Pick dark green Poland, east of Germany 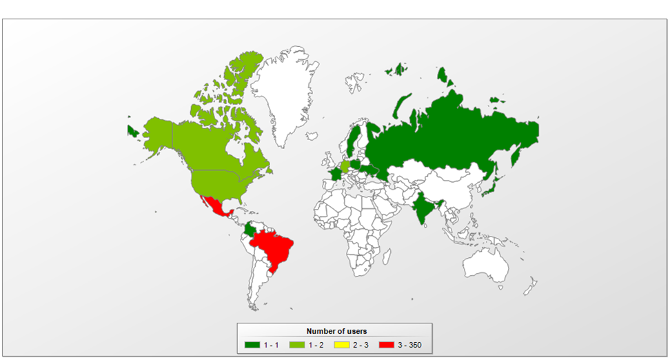coord(356,164)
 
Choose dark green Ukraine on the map coord(372,170)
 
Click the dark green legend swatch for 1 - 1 coord(252,344)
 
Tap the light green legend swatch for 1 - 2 coord(296,344)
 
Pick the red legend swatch coord(385,344)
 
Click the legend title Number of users coord(336,332)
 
